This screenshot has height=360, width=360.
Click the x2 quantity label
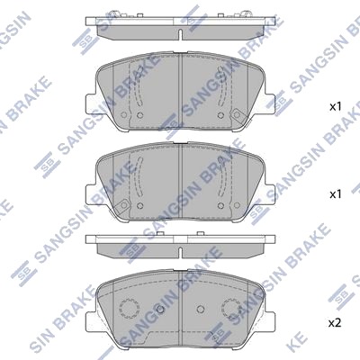point(335,323)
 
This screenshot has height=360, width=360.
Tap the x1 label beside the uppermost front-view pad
point(336,107)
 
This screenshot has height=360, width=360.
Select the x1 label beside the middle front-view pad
point(336,194)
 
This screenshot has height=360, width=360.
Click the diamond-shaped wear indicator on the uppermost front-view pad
point(237,114)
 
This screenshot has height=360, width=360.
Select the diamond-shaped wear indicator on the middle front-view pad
point(122,205)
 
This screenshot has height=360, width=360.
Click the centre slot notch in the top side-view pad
point(180,34)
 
